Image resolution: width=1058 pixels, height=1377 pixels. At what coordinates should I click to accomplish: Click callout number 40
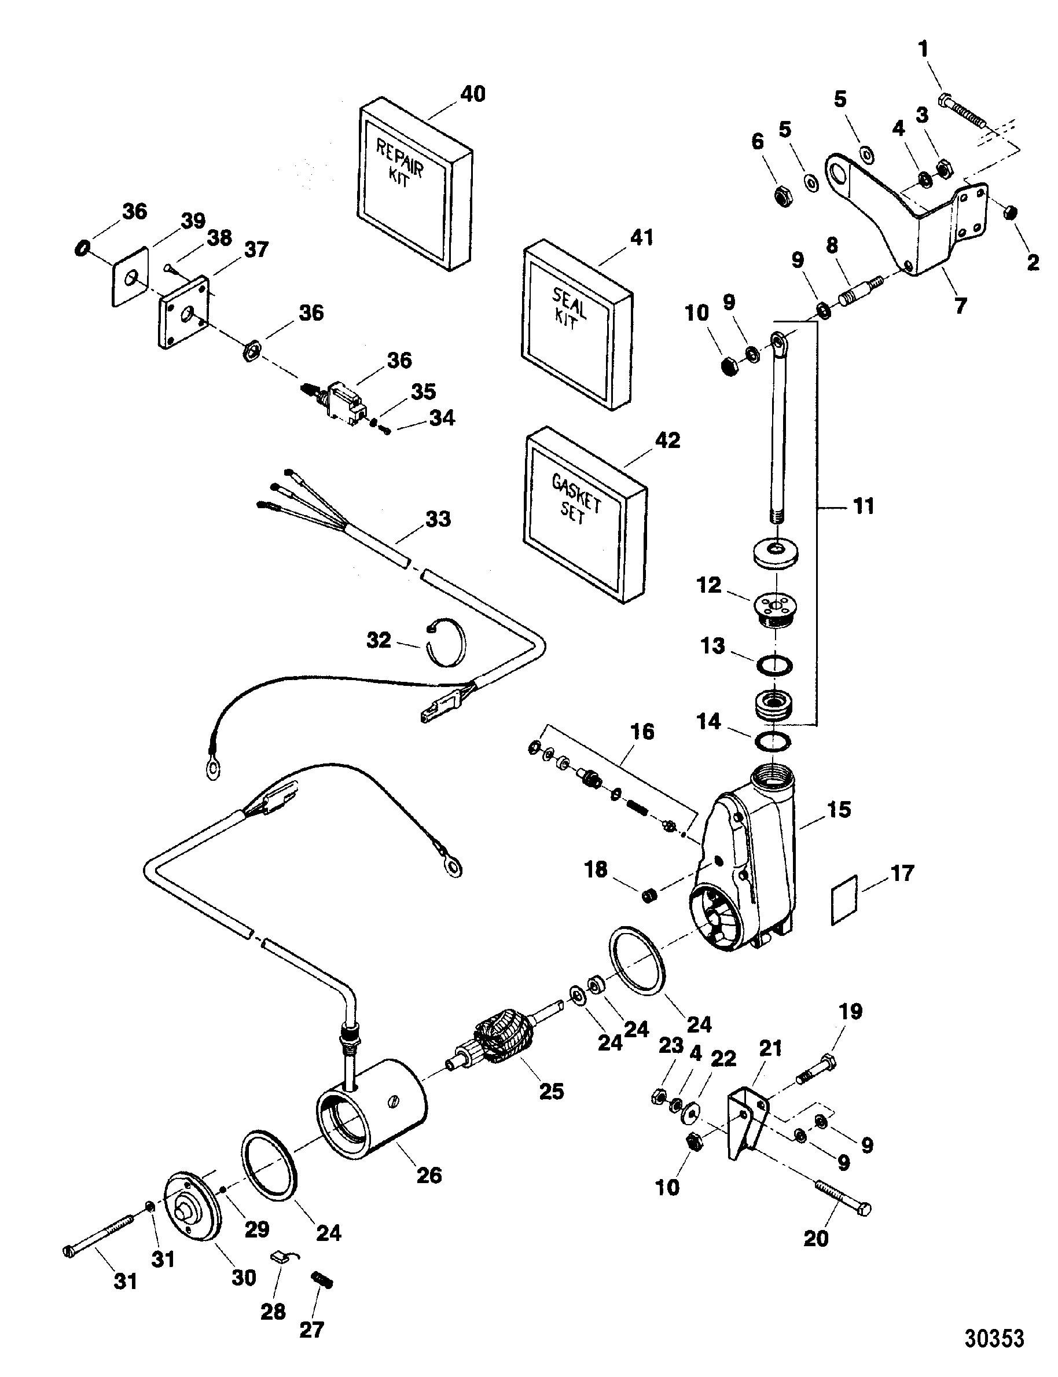(472, 94)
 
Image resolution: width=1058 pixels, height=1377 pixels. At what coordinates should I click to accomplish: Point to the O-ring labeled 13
(774, 665)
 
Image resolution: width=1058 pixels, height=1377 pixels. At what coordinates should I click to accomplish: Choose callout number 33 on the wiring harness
(438, 520)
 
